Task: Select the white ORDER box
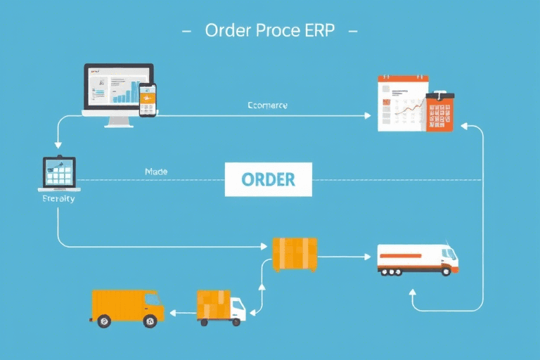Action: point(268,179)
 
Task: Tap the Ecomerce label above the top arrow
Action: point(268,105)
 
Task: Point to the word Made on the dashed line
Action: point(155,172)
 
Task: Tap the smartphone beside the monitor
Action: point(148,100)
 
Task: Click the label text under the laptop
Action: point(58,199)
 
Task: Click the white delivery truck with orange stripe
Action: point(417,259)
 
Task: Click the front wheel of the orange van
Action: point(149,321)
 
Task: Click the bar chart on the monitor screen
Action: point(127,91)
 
